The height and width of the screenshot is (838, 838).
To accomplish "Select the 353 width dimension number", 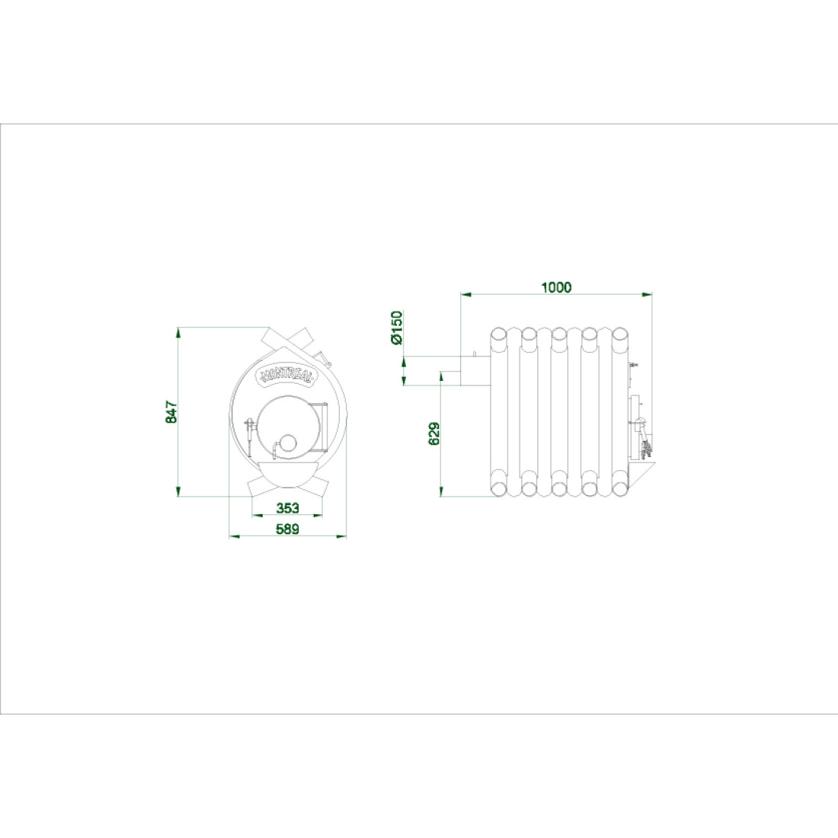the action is tap(287, 507).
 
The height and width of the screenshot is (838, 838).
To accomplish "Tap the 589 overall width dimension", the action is tap(287, 529).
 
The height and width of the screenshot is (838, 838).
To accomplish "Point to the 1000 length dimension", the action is tap(556, 287).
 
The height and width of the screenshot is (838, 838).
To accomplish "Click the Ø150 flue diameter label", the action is tap(396, 327).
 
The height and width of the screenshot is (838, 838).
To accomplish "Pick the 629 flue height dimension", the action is tap(434, 433).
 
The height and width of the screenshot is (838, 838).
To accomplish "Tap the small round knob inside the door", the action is tap(289, 442).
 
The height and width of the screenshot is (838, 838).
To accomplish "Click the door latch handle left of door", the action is tap(250, 430).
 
